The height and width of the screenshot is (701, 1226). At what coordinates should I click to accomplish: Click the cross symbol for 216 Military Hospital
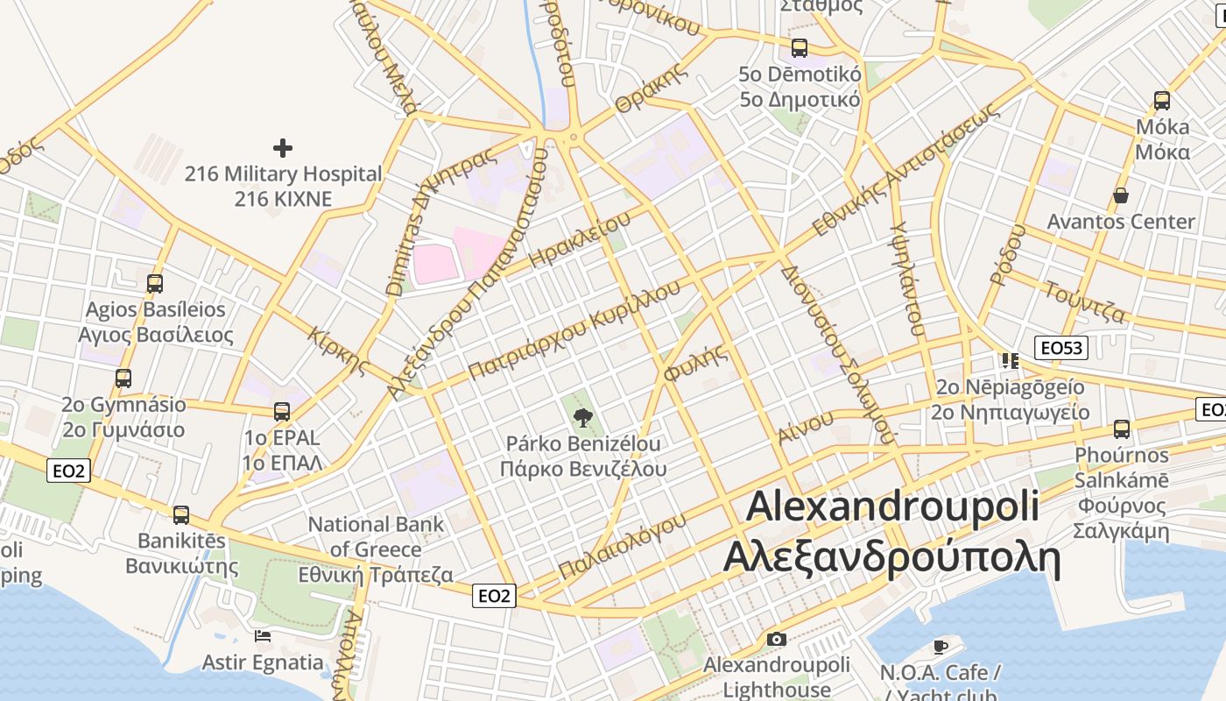click(282, 147)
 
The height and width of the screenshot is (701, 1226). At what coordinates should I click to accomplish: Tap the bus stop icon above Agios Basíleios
click(155, 283)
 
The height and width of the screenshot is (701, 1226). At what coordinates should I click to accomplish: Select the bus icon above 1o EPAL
click(282, 411)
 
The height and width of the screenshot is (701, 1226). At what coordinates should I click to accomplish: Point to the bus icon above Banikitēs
click(181, 514)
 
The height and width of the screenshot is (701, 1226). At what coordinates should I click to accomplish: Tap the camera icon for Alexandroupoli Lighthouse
click(776, 639)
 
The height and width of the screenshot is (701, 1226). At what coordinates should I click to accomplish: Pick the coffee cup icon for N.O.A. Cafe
click(941, 647)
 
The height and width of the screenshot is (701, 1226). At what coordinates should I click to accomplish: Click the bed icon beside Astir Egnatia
click(263, 635)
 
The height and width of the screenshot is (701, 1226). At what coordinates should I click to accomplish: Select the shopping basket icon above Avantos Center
click(1120, 195)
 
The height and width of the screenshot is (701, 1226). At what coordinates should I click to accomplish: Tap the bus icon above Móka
click(1162, 100)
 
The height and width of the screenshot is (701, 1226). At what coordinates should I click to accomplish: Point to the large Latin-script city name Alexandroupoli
click(893, 506)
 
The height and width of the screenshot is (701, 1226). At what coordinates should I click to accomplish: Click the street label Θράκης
click(649, 89)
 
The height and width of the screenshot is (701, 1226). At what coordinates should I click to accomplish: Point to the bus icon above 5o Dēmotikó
click(800, 47)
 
